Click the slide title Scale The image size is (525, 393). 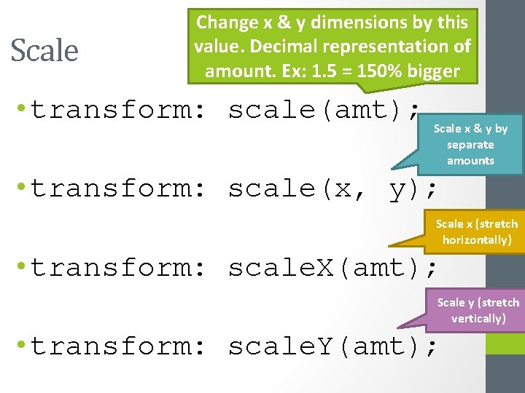pyautogui.click(x=44, y=50)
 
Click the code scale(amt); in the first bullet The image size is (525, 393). pyautogui.click(x=324, y=110)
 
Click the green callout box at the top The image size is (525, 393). pyautogui.click(x=332, y=46)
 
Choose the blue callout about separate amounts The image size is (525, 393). pyautogui.click(x=471, y=144)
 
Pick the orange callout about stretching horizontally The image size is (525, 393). pyautogui.click(x=477, y=232)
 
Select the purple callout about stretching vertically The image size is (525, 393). pyautogui.click(x=478, y=311)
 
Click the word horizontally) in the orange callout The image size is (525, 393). pyautogui.click(x=477, y=240)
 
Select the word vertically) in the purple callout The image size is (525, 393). pyautogui.click(x=478, y=319)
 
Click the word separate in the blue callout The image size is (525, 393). pyautogui.click(x=470, y=145)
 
